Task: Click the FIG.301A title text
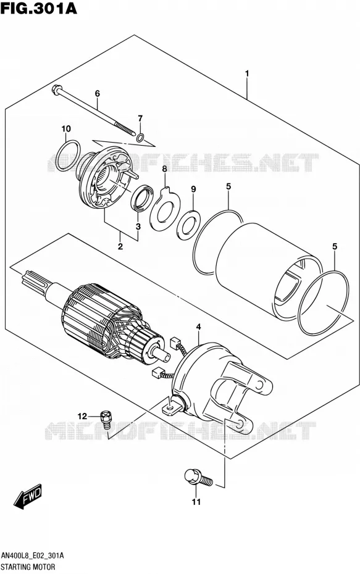[x=39, y=8]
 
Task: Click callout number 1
[x=247, y=73]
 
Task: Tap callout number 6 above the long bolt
[x=97, y=94]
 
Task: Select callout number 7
[x=140, y=119]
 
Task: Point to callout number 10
[x=66, y=129]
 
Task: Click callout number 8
[x=164, y=168]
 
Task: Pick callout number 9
[x=193, y=189]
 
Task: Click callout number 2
[x=120, y=246]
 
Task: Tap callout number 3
[x=138, y=227]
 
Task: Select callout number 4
[x=198, y=327]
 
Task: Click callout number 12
[x=82, y=416]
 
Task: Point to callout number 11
[x=196, y=502]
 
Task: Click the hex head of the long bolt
[x=57, y=89]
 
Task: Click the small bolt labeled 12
[x=107, y=420]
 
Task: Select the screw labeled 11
[x=198, y=478]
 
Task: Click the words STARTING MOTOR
[x=28, y=567]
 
